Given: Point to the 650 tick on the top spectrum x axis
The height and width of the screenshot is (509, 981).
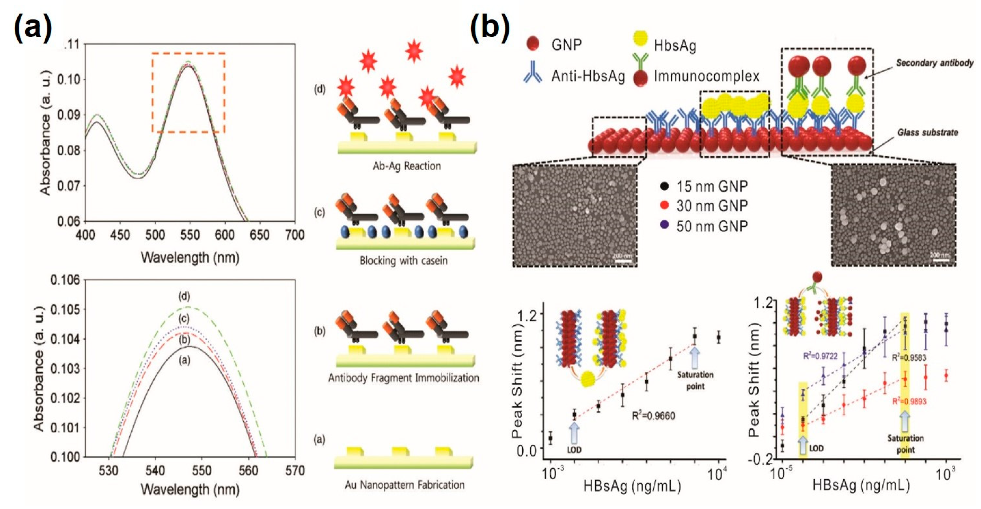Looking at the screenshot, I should click(259, 235).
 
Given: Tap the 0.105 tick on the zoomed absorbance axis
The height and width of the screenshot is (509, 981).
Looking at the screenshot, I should click(67, 310).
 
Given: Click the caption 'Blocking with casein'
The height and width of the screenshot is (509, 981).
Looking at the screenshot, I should click(404, 261).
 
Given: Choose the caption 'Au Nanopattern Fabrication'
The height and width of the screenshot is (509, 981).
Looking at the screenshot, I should click(405, 485).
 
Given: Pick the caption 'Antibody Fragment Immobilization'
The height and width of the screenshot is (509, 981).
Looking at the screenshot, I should click(404, 378).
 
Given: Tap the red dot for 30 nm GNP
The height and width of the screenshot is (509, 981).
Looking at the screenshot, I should click(664, 206).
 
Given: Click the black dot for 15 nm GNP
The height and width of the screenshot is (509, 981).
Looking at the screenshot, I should click(664, 186).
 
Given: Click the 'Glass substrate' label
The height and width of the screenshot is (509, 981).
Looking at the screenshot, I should click(927, 133).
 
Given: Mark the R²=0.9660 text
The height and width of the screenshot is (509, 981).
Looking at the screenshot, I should click(654, 416).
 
